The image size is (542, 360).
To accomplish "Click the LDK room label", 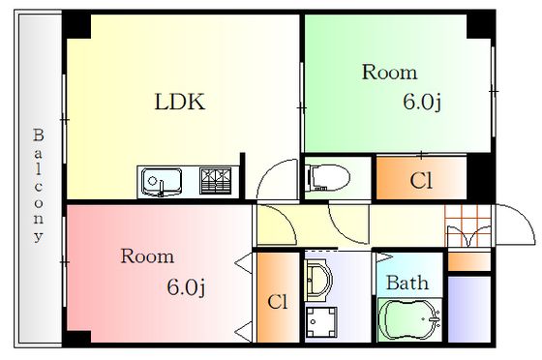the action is click(180, 102).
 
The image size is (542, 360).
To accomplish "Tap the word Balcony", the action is click(39, 186).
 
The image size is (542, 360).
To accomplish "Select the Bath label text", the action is click(407, 283).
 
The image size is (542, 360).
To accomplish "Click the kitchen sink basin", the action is click(162, 182).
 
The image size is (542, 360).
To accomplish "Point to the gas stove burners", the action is click(215, 181).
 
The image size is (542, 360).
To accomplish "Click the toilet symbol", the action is click(327, 178).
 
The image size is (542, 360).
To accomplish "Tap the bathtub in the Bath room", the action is click(409, 319).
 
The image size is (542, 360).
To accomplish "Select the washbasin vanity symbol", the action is click(318, 276).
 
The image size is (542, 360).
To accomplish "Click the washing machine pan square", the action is click(321, 321).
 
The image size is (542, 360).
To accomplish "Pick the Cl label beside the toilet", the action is click(421, 180).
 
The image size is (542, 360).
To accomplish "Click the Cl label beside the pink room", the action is click(277, 302).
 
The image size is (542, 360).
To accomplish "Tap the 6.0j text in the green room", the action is click(422, 102).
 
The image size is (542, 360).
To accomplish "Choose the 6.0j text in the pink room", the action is click(186, 287).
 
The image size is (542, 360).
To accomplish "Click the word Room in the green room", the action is click(389, 73).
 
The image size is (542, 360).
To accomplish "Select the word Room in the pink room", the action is click(147, 256).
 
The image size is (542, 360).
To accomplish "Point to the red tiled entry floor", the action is click(468, 225).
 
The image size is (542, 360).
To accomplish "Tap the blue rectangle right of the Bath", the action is click(469, 309).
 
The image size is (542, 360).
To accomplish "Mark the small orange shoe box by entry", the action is click(469, 261).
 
